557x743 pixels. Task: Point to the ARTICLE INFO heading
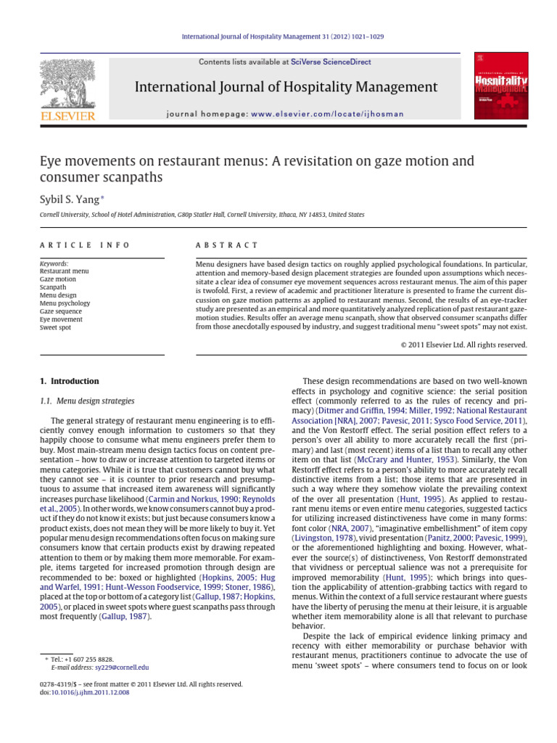coord(85,245)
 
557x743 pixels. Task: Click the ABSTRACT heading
coord(227,245)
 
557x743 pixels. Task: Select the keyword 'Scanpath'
coord(53,287)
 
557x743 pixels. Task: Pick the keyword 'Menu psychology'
coord(65,303)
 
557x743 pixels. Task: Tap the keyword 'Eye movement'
coord(61,319)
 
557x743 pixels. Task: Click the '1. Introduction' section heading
coord(68,381)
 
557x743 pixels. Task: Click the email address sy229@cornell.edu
coord(122,667)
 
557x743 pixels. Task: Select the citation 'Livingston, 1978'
coord(321,541)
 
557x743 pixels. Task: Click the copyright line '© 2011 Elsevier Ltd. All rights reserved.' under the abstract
coord(463,345)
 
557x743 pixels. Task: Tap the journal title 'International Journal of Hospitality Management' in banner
coord(286,88)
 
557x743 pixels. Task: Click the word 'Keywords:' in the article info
coord(54,263)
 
